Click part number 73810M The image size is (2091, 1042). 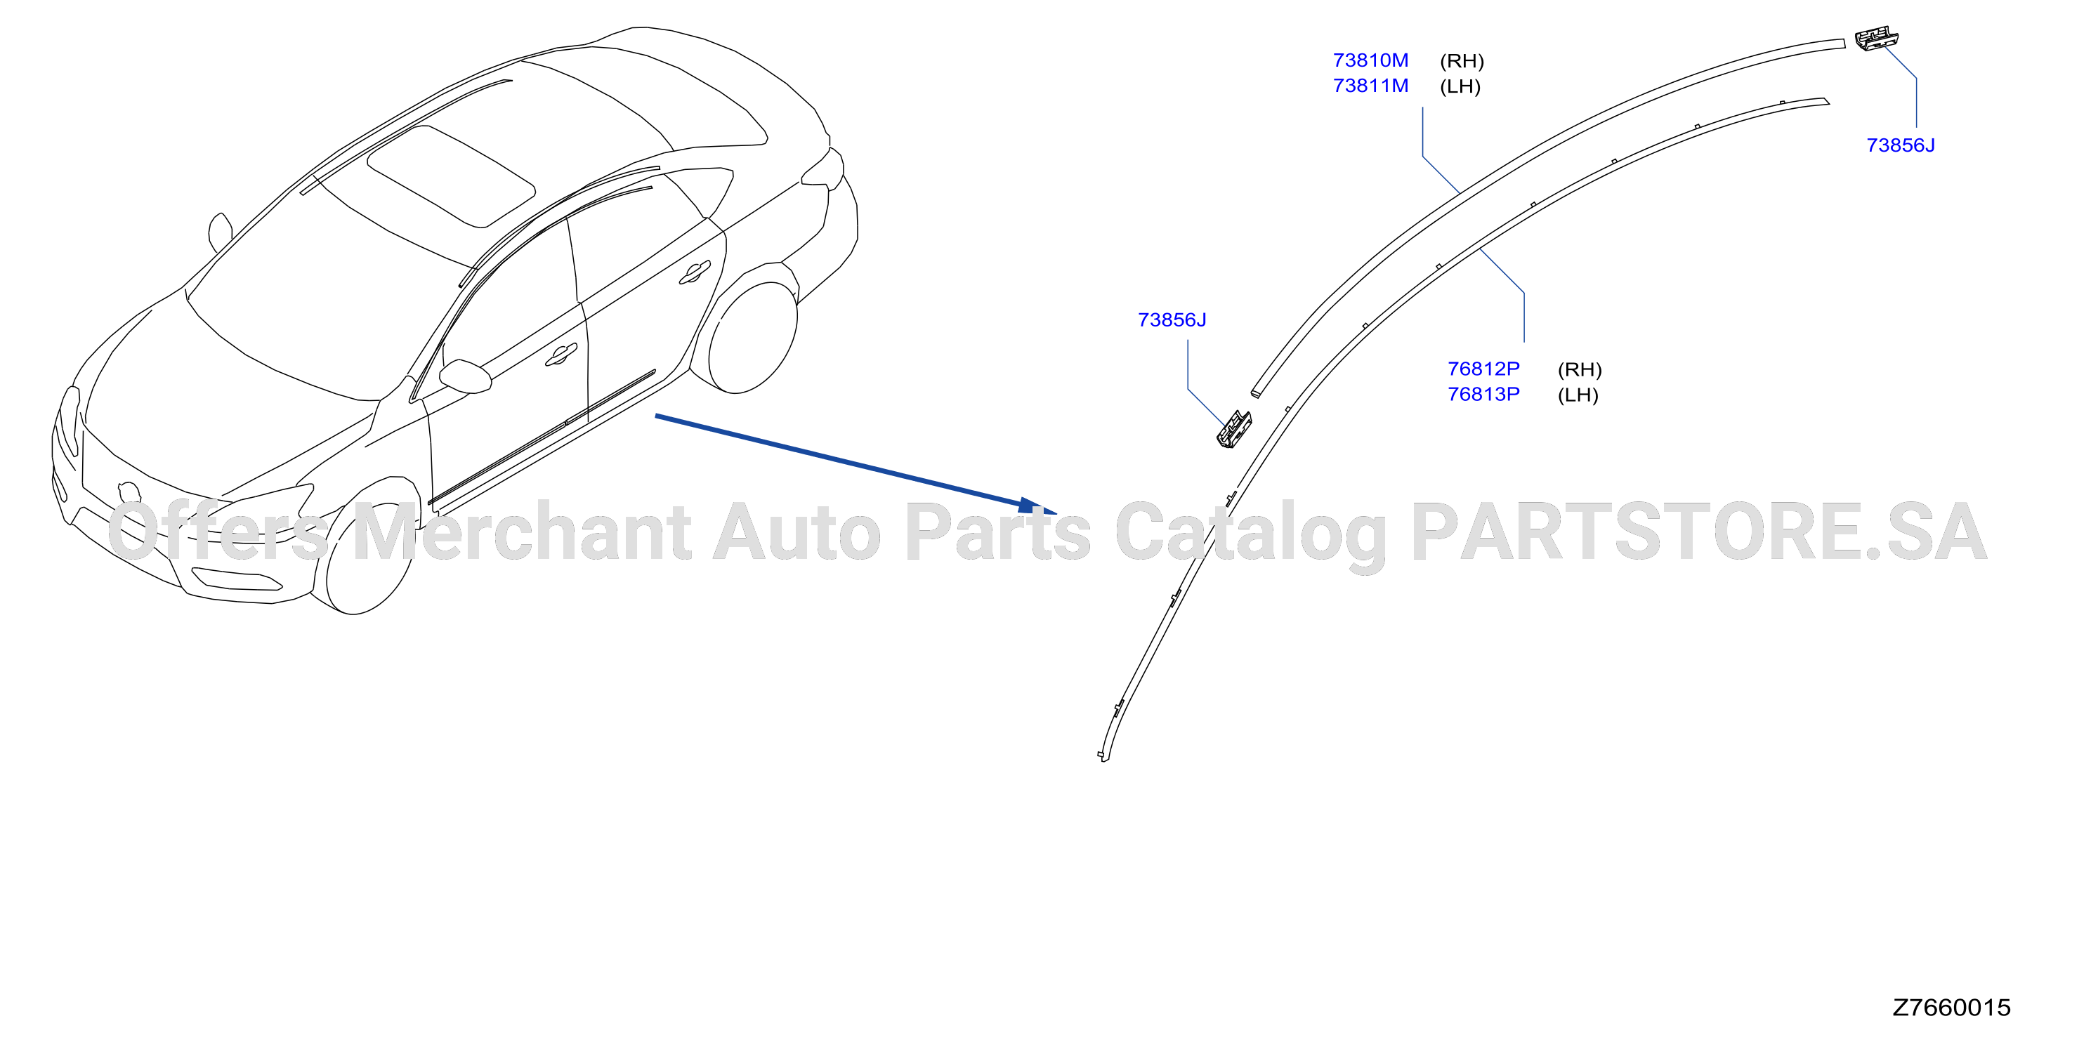(x=1370, y=60)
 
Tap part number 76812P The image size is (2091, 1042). (x=1484, y=369)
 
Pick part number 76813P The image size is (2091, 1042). (x=1484, y=394)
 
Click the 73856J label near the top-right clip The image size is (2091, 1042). (x=1900, y=145)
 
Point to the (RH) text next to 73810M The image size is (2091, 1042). (x=1462, y=61)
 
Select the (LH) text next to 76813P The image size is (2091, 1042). (x=1578, y=395)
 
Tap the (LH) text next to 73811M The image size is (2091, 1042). (x=1460, y=87)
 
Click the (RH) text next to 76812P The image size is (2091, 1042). (x=1580, y=370)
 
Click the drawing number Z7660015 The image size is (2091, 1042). (x=1951, y=1007)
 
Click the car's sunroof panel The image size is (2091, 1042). (x=452, y=176)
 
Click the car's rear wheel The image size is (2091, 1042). (x=752, y=337)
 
